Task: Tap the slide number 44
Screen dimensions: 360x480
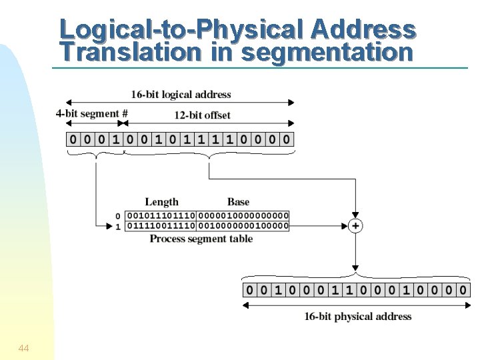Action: coord(23,347)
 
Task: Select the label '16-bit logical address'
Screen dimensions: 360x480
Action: coord(181,94)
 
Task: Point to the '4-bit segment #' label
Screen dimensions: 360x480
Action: coord(91,113)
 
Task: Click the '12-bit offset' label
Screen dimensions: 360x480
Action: coord(203,115)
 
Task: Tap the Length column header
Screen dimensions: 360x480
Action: coord(161,201)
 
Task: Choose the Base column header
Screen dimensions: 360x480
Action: coord(238,201)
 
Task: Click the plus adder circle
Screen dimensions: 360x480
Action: coord(356,226)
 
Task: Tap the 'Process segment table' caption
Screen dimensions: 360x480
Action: coord(201,239)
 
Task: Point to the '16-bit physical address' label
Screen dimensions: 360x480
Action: coord(358,316)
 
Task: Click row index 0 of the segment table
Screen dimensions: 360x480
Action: coord(118,216)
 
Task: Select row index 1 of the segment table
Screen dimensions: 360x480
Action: coord(118,226)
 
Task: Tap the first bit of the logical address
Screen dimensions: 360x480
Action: coord(73,140)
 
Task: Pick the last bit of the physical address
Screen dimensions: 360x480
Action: coord(463,290)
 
